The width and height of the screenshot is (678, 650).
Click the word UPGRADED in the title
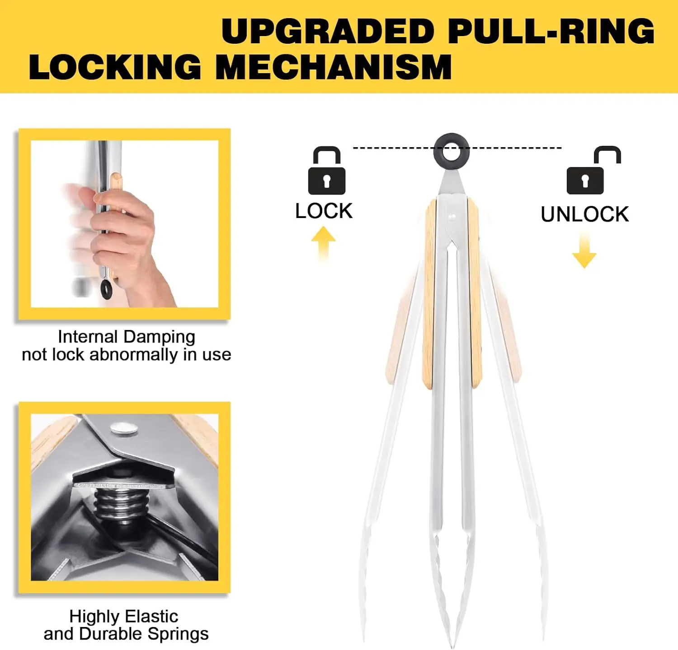click(328, 32)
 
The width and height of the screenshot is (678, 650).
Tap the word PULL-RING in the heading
click(551, 32)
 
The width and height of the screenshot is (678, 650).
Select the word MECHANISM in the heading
click(334, 67)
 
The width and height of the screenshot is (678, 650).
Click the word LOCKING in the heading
click(115, 67)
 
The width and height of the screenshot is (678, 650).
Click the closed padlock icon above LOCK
click(326, 171)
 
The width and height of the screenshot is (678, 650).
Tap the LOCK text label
click(324, 211)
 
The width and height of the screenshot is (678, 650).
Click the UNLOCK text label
click(584, 214)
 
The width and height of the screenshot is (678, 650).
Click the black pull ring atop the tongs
click(451, 150)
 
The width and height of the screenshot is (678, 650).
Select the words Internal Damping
click(127, 337)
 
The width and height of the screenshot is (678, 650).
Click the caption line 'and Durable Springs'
click(126, 634)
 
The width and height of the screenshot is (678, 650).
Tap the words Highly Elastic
click(123, 616)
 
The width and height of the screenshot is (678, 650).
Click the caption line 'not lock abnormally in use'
click(127, 355)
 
